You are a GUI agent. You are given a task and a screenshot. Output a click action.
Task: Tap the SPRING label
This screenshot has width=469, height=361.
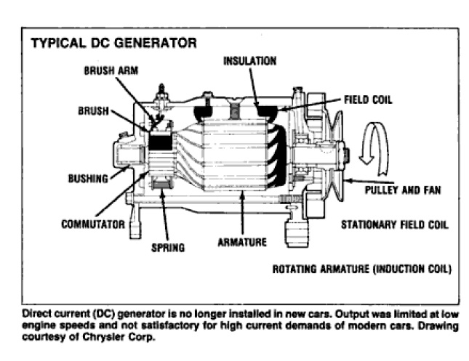[x=168, y=247]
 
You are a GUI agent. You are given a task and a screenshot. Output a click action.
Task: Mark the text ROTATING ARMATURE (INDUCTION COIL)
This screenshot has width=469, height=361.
[x=362, y=269]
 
